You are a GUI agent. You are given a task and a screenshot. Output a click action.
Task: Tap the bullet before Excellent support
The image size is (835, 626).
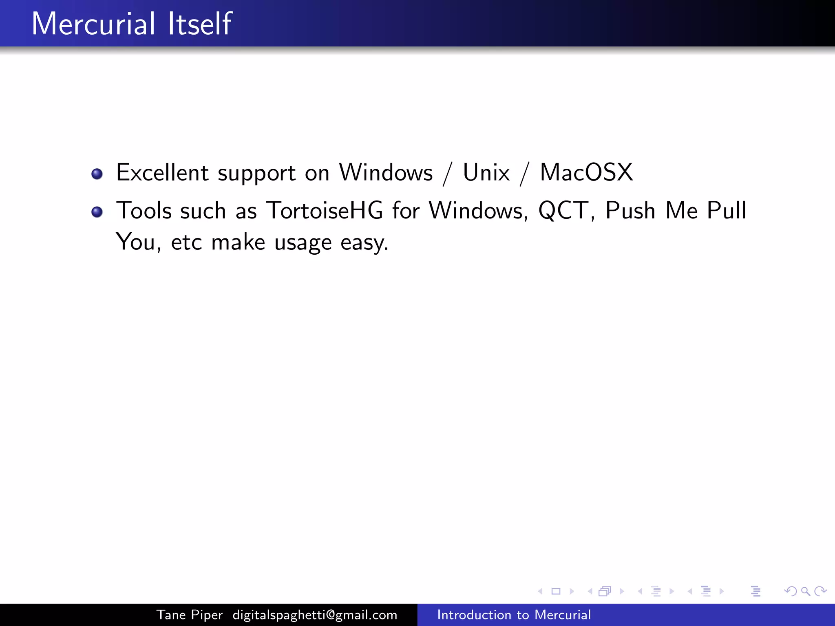(97, 174)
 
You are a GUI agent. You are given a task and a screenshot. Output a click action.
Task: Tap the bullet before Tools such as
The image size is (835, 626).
(97, 212)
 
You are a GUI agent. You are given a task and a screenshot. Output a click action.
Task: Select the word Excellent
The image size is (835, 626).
(162, 172)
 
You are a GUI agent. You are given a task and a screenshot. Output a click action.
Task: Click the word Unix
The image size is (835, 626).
(486, 172)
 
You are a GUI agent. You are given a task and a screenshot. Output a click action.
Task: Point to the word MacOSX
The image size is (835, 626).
(586, 172)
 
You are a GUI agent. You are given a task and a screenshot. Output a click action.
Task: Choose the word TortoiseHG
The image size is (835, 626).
(325, 211)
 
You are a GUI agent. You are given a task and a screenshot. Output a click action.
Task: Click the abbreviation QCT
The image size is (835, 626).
(563, 211)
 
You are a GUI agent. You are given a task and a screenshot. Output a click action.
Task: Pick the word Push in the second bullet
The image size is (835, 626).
(630, 211)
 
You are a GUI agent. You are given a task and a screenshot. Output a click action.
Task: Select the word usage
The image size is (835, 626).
(303, 243)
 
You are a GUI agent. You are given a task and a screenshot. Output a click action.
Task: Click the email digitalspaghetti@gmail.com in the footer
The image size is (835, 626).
(315, 615)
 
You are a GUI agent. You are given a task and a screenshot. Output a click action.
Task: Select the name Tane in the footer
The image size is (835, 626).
(171, 615)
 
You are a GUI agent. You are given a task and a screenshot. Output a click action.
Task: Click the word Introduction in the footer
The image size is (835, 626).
(473, 615)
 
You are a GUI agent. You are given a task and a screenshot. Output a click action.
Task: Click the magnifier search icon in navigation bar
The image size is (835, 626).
(805, 591)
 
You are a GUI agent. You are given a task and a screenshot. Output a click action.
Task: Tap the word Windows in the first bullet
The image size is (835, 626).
(386, 172)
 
